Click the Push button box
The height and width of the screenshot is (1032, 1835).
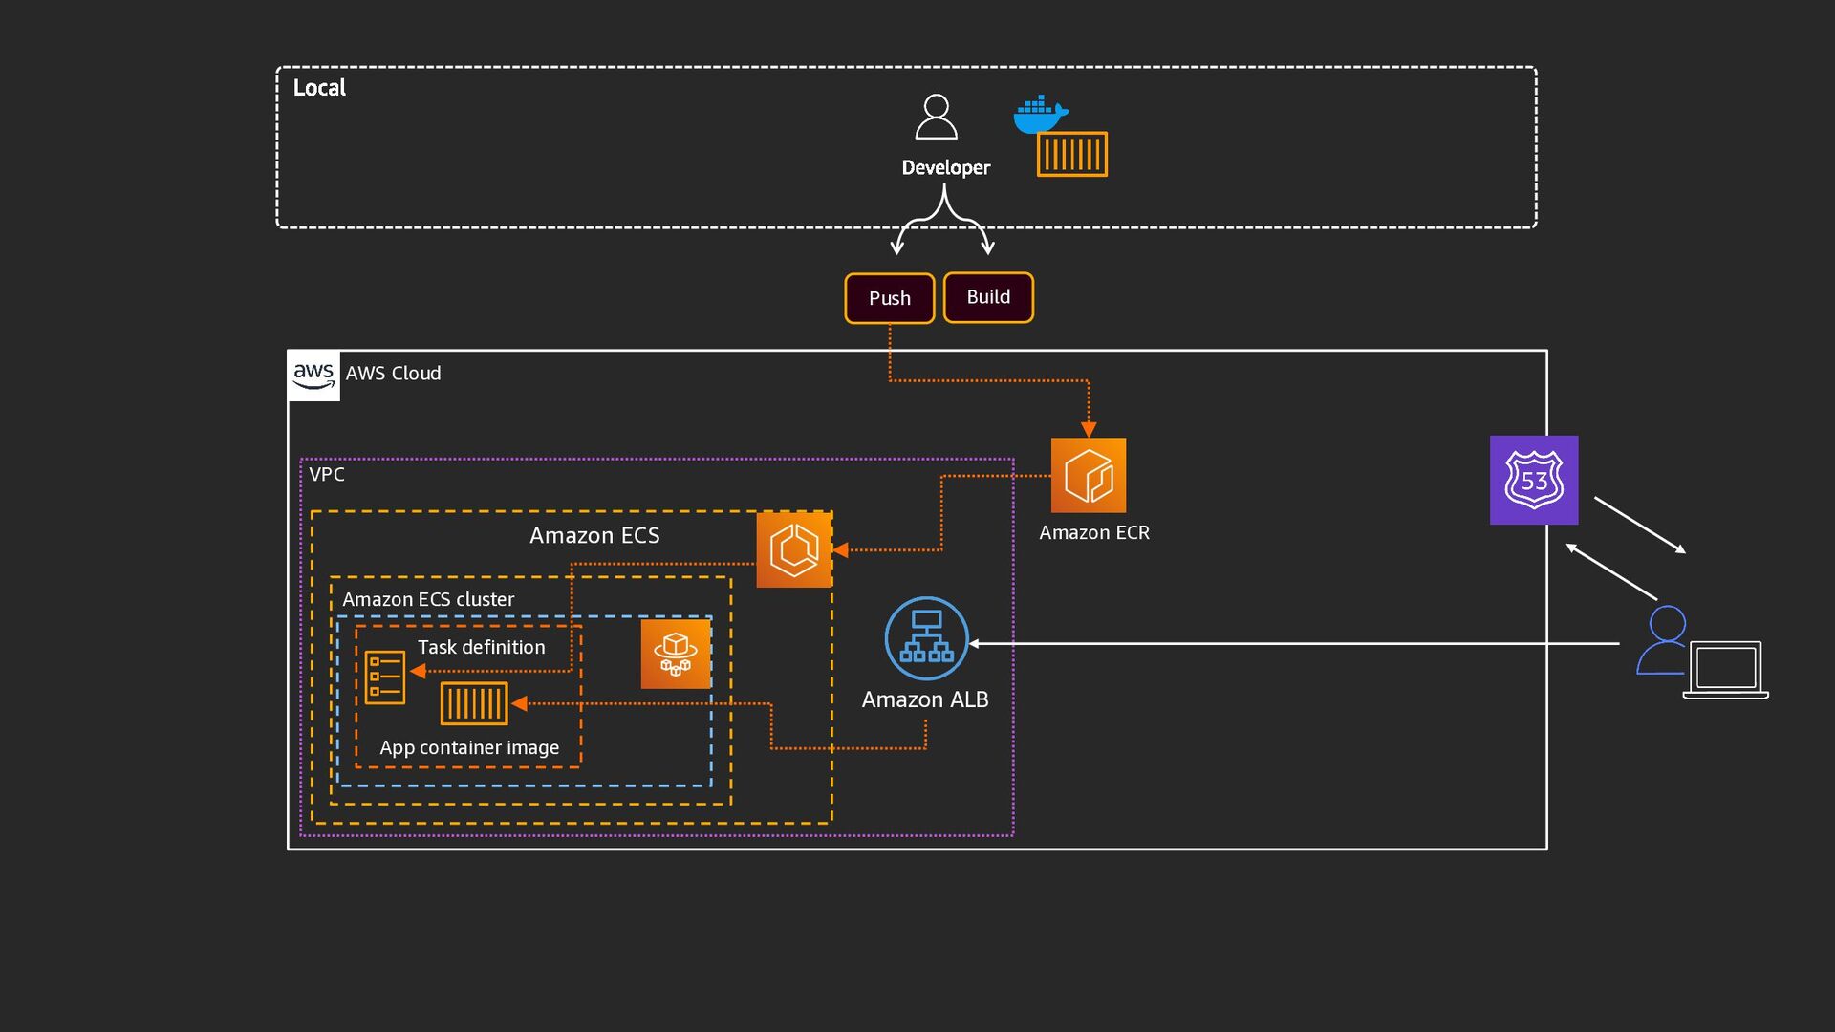click(x=889, y=298)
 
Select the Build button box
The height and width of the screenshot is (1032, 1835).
click(x=988, y=297)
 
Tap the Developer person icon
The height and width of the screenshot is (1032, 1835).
click(x=936, y=118)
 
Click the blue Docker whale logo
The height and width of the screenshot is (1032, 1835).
click(x=1039, y=114)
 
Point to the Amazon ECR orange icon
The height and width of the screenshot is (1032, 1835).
click(x=1089, y=475)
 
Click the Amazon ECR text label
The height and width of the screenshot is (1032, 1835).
click(x=1094, y=532)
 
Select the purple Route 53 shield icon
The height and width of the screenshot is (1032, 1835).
click(x=1534, y=480)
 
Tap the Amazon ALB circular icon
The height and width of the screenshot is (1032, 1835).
click(x=926, y=638)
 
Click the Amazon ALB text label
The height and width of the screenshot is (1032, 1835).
click(x=925, y=699)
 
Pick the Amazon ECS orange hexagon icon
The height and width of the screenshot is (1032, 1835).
click(x=794, y=549)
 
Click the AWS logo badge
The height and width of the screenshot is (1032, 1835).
click(x=313, y=375)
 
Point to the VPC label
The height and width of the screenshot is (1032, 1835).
click(x=327, y=475)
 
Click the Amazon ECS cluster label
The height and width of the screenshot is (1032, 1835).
click(x=428, y=599)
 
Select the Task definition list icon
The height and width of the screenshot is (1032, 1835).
click(x=385, y=677)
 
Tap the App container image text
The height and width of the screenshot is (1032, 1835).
click(x=469, y=747)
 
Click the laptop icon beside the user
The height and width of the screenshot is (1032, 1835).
click(x=1725, y=669)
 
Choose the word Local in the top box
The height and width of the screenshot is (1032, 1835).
click(x=319, y=88)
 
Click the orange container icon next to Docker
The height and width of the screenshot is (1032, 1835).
click(x=1072, y=154)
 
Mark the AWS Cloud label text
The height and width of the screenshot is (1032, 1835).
click(x=393, y=374)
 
